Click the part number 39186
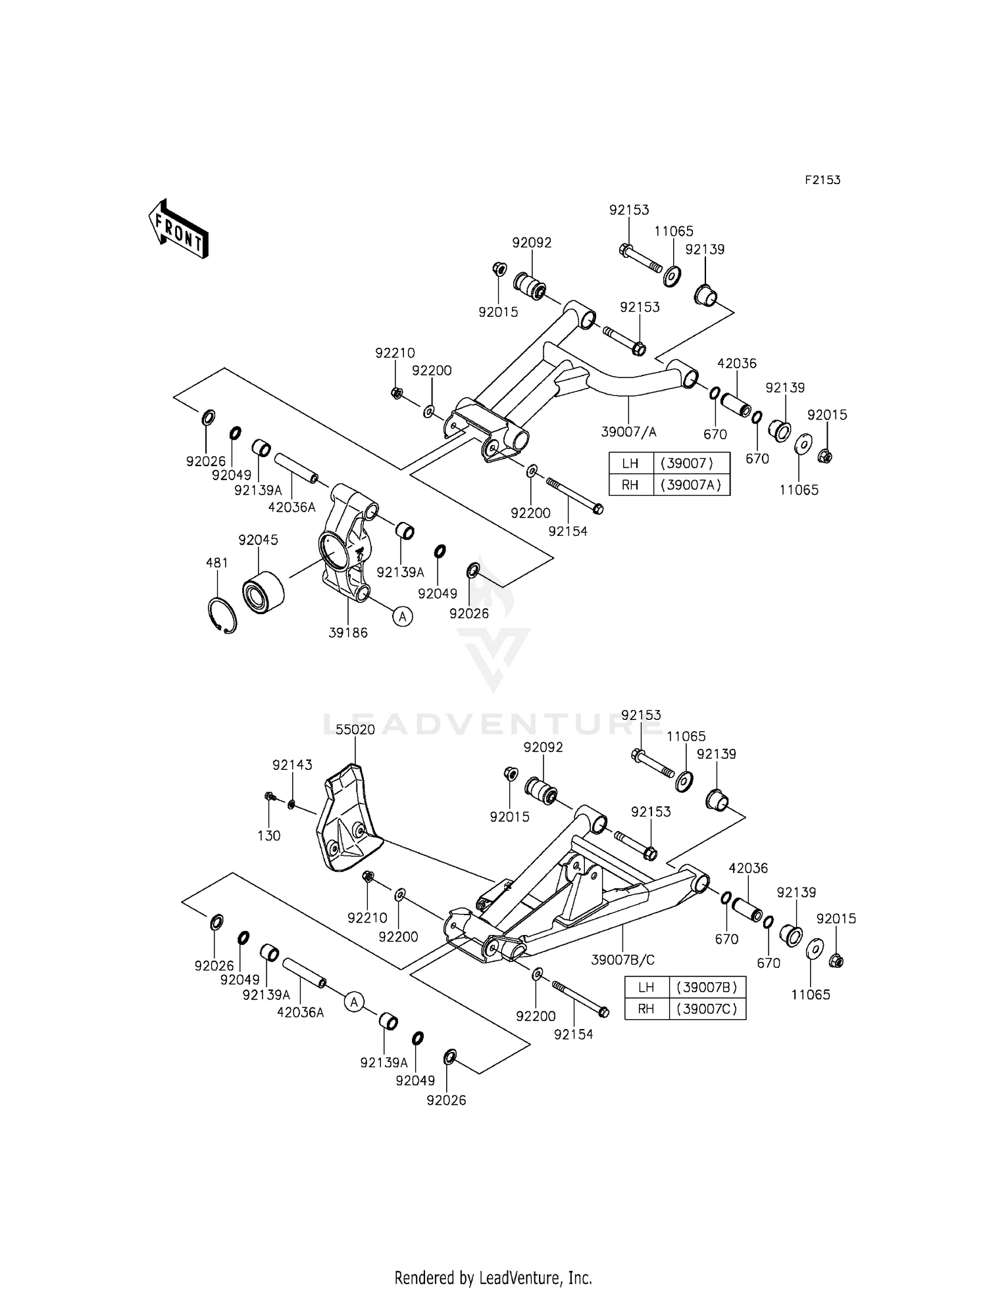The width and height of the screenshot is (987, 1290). click(348, 633)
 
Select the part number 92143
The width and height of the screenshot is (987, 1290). click(292, 765)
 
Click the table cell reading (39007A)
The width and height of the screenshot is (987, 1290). click(691, 485)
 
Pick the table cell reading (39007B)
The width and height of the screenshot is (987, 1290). click(707, 987)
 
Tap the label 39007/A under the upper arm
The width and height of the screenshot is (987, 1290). click(628, 432)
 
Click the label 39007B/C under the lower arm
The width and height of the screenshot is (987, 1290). click(622, 960)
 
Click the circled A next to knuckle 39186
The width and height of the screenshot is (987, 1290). click(403, 616)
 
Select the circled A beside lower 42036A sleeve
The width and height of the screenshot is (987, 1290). click(354, 1002)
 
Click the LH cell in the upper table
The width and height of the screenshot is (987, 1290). click(630, 463)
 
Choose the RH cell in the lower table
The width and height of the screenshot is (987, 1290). click(646, 1009)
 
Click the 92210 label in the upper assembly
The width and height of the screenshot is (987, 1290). click(395, 353)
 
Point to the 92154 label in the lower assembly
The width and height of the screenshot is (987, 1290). click(573, 1034)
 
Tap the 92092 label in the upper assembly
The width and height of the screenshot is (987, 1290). click(532, 243)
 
